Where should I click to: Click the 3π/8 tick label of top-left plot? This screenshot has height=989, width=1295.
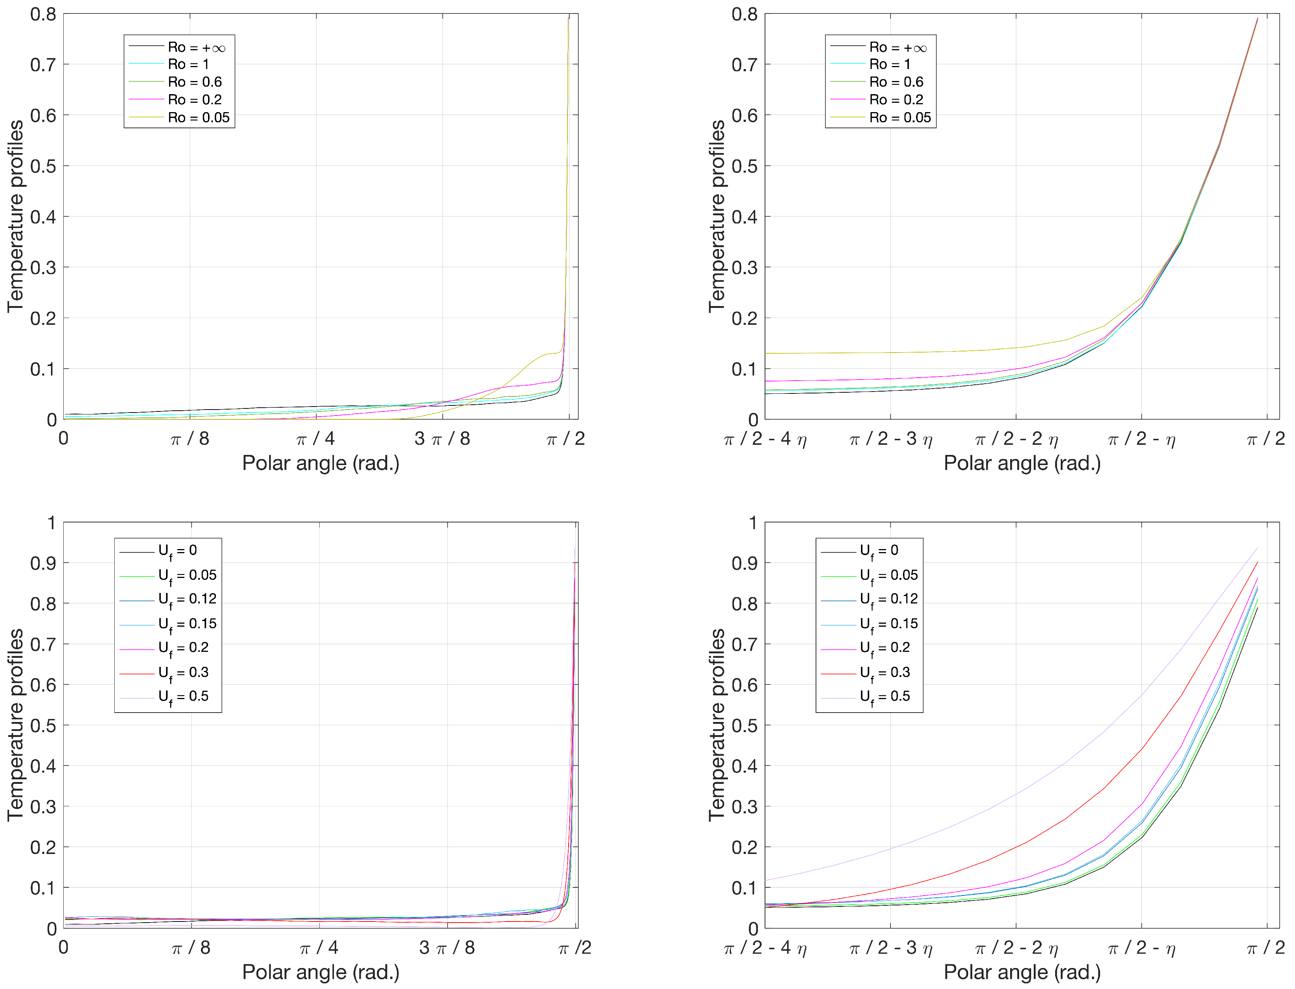442,438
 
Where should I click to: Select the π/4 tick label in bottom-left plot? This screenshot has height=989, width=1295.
319,948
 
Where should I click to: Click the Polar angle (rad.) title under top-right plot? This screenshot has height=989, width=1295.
1022,463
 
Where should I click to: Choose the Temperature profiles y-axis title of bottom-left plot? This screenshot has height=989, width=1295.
16,725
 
